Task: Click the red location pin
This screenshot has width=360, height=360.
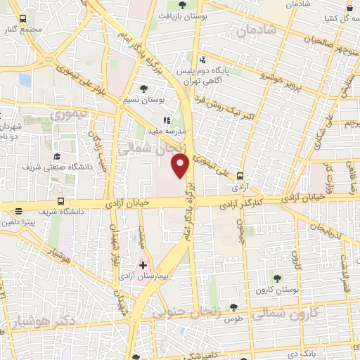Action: coord(181,165)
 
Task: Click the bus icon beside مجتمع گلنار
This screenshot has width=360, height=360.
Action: coord(23,19)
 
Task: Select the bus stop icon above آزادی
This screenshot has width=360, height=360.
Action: coord(241,176)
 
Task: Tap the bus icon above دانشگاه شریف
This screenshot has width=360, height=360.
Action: coord(18,210)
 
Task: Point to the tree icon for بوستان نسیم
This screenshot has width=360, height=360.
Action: coord(144,89)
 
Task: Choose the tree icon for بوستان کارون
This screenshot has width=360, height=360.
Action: coord(276,278)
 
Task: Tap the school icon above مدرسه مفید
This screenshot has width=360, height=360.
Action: coord(167,120)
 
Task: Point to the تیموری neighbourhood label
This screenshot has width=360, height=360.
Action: coord(72,112)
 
